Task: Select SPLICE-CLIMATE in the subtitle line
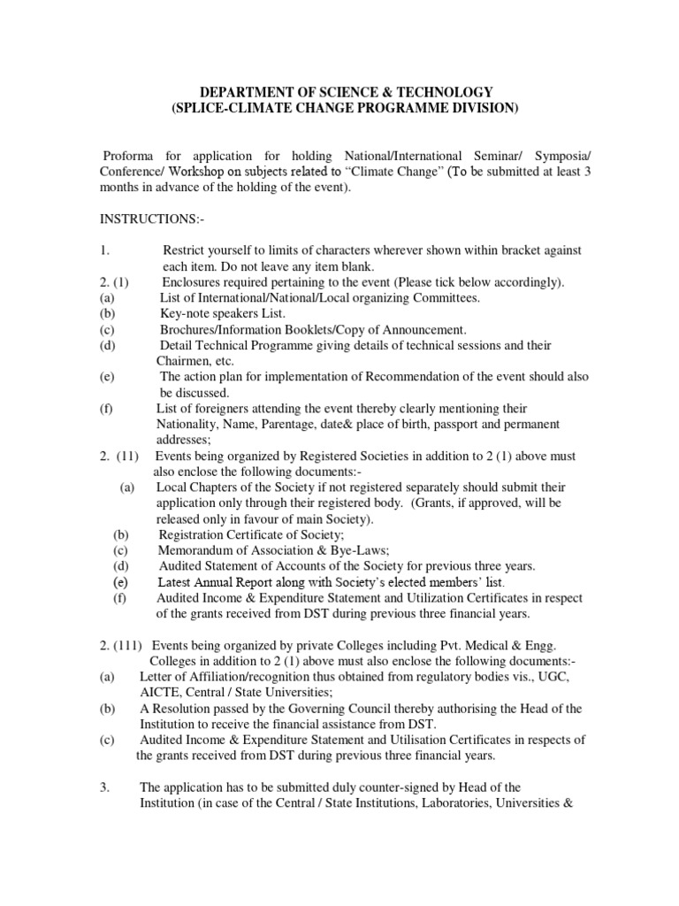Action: tap(229, 108)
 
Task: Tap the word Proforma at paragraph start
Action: tap(128, 157)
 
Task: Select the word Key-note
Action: tap(183, 313)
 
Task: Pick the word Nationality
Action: tap(188, 424)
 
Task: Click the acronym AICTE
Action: tap(160, 693)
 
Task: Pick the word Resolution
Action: tap(183, 709)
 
